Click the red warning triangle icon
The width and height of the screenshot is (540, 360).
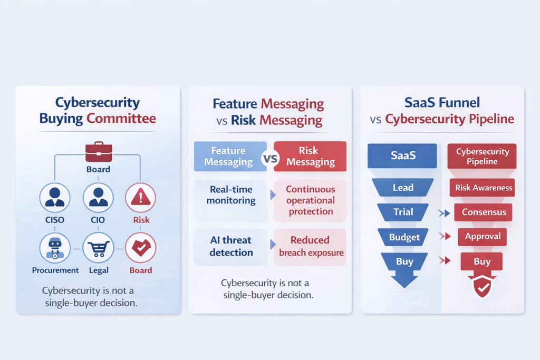click(140, 198)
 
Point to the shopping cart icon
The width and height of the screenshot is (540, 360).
click(98, 248)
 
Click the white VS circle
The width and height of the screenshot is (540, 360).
click(270, 157)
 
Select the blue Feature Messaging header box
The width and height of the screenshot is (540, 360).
click(228, 157)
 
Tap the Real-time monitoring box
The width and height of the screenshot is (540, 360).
click(231, 195)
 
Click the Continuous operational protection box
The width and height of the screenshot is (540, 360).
click(310, 200)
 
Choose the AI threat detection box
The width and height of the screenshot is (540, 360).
click(231, 246)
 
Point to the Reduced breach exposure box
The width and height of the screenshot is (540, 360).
click(310, 246)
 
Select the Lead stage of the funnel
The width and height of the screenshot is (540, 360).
click(403, 188)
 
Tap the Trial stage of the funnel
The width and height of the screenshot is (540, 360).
click(403, 212)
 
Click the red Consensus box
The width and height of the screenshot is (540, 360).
click(483, 212)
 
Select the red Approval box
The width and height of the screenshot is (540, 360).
click(482, 237)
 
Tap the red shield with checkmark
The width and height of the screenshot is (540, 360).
click(481, 287)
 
